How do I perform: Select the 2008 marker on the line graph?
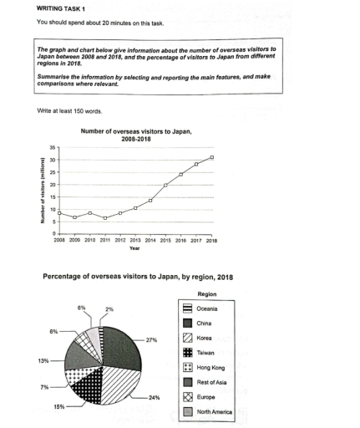59,212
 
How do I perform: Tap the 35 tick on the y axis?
52,147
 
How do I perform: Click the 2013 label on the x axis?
135,240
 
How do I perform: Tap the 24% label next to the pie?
153,397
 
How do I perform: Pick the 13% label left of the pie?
43,360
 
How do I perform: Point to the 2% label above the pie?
109,309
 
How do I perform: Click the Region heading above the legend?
206,294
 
